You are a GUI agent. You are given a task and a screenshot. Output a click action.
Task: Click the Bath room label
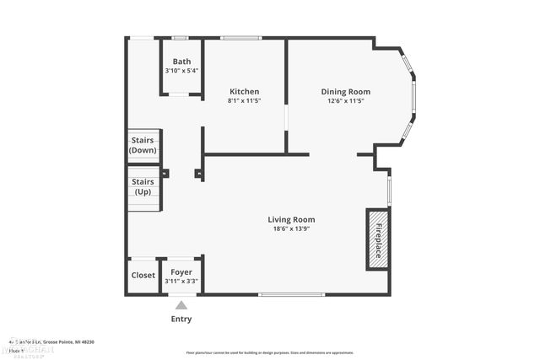coord(181,62)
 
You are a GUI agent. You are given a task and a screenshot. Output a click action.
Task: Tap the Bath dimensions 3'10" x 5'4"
coord(181,71)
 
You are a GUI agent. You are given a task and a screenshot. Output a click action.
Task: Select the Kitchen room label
coord(245,91)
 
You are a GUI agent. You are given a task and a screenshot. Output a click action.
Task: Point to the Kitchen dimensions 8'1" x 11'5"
coord(245,100)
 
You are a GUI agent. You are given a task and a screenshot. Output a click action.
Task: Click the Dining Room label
coord(345,91)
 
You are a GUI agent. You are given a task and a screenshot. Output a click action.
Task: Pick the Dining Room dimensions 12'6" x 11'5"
coord(345,100)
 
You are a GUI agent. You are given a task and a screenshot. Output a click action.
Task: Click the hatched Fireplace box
coord(378,240)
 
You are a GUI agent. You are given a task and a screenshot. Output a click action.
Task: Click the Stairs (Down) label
coord(143,145)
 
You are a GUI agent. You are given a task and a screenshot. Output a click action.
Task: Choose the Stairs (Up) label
coord(143,186)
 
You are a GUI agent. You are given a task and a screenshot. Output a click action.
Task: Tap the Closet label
coord(143,275)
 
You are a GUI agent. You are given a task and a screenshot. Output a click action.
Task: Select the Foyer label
coord(181,271)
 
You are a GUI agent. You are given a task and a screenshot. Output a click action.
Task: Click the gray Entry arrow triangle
coord(181,305)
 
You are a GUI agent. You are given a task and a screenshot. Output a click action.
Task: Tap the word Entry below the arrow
coord(181,319)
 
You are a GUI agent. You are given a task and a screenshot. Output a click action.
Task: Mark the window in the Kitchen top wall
coord(240,37)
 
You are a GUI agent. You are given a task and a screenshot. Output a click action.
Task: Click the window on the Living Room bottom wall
coord(292,294)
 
